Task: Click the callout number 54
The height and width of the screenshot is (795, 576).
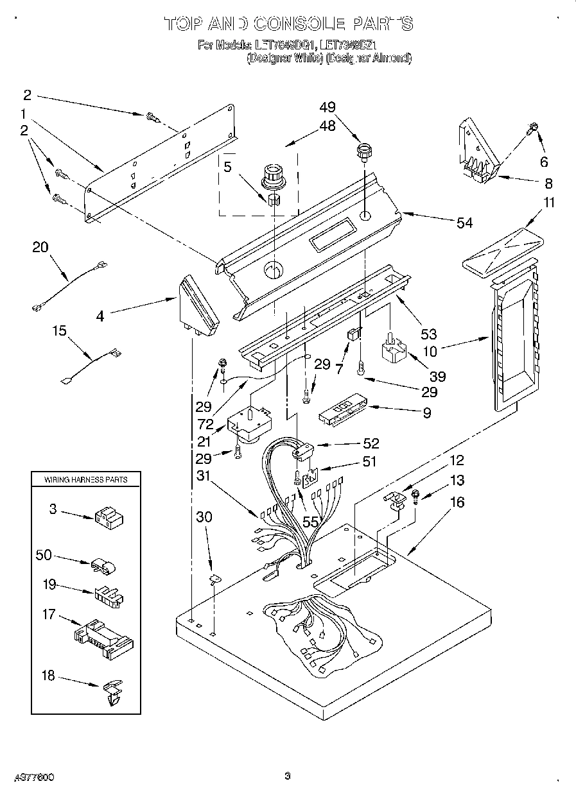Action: pyautogui.click(x=464, y=223)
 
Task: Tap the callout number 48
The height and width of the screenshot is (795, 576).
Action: pyautogui.click(x=327, y=126)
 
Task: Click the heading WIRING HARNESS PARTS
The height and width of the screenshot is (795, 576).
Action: pyautogui.click(x=85, y=479)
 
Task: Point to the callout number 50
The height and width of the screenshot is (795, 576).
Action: pyautogui.click(x=44, y=554)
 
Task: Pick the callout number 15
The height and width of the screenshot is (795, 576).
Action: pyautogui.click(x=59, y=331)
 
